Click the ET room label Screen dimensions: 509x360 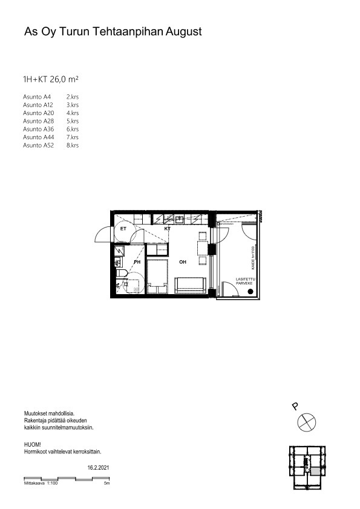coord(123,229)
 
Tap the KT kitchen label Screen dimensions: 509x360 coord(168,229)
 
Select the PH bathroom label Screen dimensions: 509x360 coord(137,262)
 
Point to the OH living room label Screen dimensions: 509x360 coord(182,262)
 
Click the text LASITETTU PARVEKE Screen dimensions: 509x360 coord(244,281)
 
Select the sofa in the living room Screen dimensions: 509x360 coord(191,284)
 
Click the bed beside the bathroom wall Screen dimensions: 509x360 coord(159,275)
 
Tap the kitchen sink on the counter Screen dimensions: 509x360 coord(180,220)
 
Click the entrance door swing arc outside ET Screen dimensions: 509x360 coord(103,233)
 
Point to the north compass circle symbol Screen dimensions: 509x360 coord(307,422)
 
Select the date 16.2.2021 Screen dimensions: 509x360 coord(99,468)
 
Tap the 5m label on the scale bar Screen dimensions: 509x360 coord(106,484)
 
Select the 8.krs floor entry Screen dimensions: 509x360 coord(73,145)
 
